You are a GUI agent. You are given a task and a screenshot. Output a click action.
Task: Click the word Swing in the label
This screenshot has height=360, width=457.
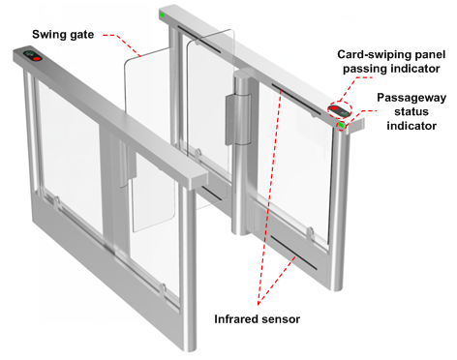coord(47,35)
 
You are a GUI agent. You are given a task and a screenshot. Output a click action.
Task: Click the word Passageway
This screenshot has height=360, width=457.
coord(411,98)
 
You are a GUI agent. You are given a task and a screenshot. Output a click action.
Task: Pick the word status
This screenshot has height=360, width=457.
coord(411,111)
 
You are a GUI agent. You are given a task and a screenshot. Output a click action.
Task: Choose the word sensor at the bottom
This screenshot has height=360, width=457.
coord(281,319)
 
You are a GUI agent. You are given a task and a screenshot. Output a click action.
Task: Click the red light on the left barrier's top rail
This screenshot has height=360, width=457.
coord(37,59)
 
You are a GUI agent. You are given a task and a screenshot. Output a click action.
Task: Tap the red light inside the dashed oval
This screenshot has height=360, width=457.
coord(334,108)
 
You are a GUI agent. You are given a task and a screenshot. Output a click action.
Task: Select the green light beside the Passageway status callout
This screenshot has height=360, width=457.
coord(341,125)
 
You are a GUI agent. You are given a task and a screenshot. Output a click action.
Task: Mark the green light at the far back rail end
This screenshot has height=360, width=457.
coord(162,15)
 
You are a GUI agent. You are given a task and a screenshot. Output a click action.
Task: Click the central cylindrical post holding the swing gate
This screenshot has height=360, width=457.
coord(240,152)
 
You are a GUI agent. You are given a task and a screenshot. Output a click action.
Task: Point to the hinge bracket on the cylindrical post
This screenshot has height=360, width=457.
coord(237,119)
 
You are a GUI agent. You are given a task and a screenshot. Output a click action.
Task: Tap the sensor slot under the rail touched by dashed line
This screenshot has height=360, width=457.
coord(296,100)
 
